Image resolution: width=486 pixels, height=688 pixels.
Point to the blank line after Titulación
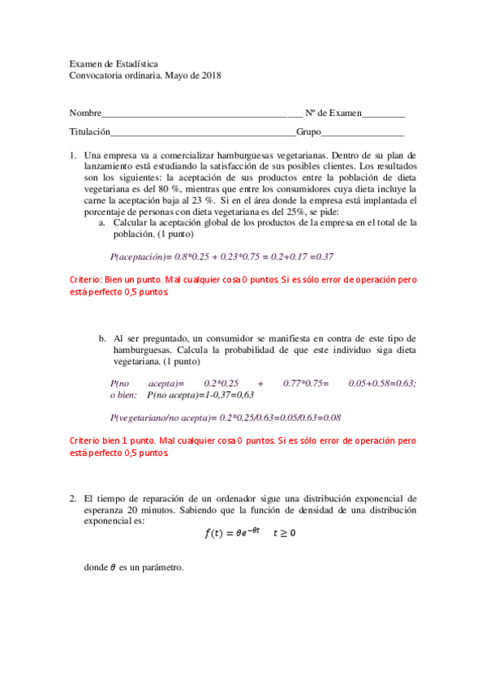pyautogui.click(x=203, y=131)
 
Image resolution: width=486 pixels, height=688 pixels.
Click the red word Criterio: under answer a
pyautogui.click(x=91, y=279)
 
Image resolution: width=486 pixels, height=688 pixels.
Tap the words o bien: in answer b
pyautogui.click(x=125, y=395)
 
